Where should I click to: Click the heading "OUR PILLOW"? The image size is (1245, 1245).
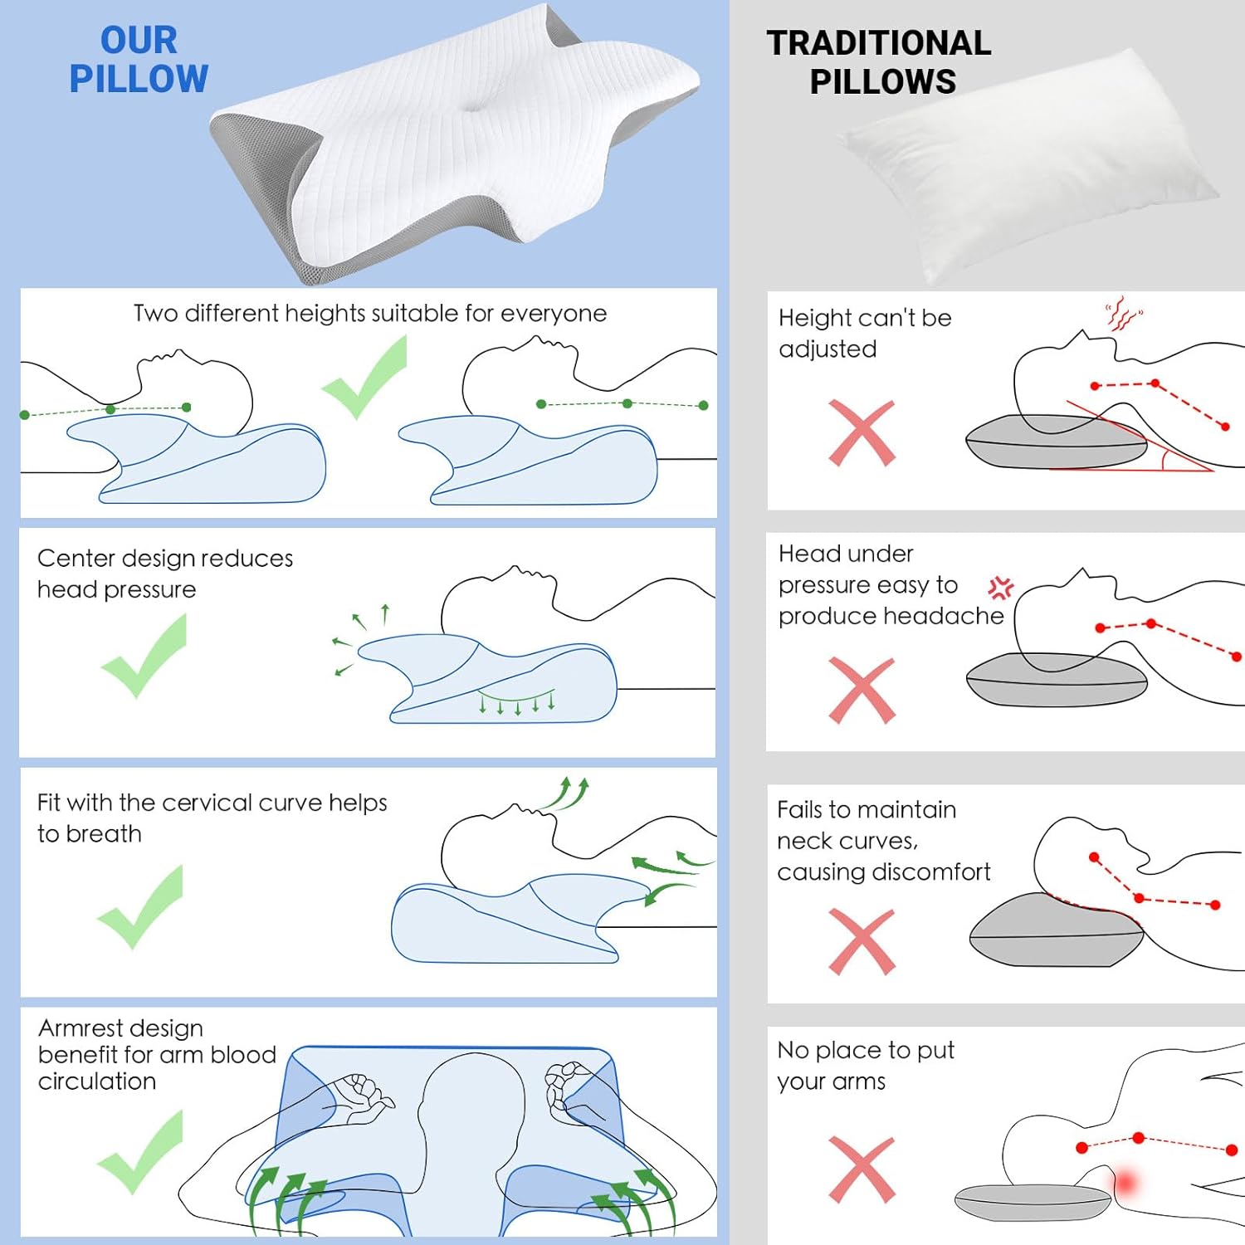coord(139,60)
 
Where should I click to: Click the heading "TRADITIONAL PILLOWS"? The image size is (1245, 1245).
coord(880,62)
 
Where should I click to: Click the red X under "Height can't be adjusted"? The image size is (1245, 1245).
coord(862,433)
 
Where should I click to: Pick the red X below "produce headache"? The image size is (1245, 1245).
coord(862,691)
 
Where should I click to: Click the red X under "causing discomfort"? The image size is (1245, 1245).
coord(862,941)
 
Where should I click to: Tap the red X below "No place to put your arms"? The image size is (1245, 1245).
coord(862,1169)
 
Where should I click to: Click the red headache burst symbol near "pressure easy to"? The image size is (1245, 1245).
coord(1001,588)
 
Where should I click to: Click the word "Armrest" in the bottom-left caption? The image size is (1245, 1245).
coord(80,1028)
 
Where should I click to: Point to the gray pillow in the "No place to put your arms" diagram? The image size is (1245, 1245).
coord(1032,1202)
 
